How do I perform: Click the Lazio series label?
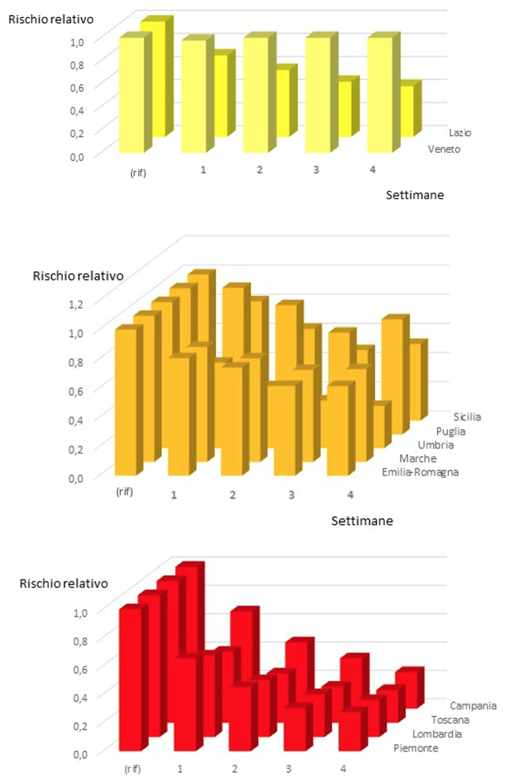click(x=459, y=133)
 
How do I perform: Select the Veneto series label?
click(x=443, y=149)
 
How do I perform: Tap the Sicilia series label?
click(x=467, y=417)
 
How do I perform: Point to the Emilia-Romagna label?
click(x=420, y=472)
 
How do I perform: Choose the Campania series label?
click(x=473, y=706)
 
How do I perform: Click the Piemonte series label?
click(x=416, y=748)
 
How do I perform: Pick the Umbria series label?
click(x=436, y=445)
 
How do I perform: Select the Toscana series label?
click(x=450, y=720)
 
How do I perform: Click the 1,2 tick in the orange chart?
click(x=76, y=303)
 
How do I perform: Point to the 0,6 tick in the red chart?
click(x=80, y=669)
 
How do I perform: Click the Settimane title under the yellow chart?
click(x=414, y=195)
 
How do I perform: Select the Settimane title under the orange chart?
click(x=362, y=521)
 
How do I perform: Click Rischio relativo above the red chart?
click(x=64, y=584)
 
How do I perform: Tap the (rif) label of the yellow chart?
click(x=138, y=173)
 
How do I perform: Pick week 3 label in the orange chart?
click(x=291, y=495)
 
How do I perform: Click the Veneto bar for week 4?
click(x=380, y=94)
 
